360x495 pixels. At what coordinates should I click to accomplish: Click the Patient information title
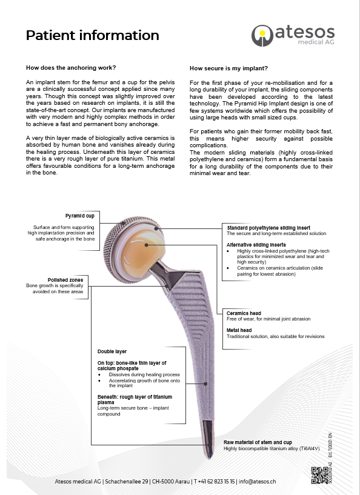click(x=93, y=35)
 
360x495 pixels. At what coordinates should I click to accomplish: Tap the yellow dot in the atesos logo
click(x=262, y=33)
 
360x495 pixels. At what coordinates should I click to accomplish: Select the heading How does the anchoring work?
click(x=71, y=68)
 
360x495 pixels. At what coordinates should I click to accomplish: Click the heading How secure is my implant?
click(x=228, y=68)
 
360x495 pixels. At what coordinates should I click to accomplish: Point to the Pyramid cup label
click(x=80, y=216)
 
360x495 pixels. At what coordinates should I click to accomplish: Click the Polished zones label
click(x=65, y=280)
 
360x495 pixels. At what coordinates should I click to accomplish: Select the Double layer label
click(x=112, y=351)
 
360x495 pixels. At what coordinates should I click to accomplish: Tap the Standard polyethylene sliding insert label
click(x=268, y=228)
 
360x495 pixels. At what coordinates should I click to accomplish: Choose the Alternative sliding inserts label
click(x=256, y=245)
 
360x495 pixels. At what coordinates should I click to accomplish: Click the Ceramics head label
click(x=244, y=313)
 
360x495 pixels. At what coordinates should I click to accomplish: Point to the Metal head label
click(x=239, y=330)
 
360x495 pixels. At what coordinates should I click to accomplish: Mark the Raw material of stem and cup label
click(x=258, y=442)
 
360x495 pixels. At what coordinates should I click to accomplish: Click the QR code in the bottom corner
click(x=319, y=475)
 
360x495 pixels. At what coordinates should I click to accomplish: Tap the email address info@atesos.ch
click(x=258, y=482)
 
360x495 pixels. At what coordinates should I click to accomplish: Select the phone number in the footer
click(x=214, y=482)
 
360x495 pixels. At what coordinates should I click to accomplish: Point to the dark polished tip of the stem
click(x=208, y=439)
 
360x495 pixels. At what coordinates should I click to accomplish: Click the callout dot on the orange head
click(x=146, y=245)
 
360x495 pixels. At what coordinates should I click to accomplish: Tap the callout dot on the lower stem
click(x=205, y=384)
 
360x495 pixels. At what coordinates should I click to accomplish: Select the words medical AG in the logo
click(x=316, y=42)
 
